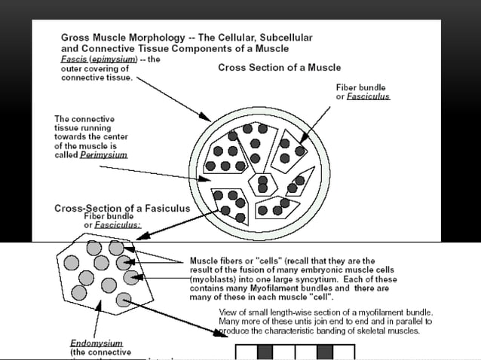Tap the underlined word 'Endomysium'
coord(96,343)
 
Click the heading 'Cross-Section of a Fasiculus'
coord(122,208)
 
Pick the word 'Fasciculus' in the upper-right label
coord(369,97)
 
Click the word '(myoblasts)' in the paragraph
coord(212,279)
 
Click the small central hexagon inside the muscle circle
coord(264,182)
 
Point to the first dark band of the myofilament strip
coord(265,352)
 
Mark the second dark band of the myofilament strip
coord(325,352)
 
